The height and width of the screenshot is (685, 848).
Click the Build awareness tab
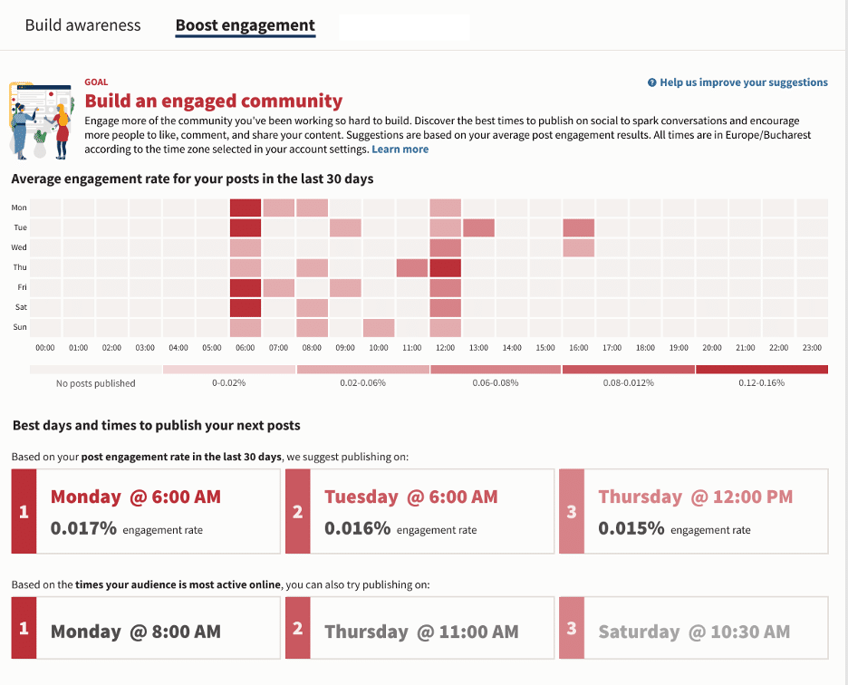coord(82,25)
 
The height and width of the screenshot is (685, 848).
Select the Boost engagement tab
coord(245,25)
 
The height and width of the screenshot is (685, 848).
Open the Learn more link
coord(400,150)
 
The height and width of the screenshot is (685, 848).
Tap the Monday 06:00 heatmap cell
coord(245,207)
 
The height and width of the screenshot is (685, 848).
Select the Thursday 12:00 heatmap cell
coord(445,267)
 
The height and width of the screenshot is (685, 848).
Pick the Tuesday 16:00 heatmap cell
coord(578,227)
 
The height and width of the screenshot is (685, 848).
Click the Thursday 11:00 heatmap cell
coord(411,267)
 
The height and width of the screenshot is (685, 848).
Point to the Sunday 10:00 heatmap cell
coord(379,327)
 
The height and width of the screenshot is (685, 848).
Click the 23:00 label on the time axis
coord(811,348)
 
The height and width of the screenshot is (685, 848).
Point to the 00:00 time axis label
coord(45,348)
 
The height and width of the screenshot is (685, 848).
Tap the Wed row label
coord(19,247)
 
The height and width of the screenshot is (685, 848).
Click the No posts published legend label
coord(95,383)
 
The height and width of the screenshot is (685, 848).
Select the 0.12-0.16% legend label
coord(761,383)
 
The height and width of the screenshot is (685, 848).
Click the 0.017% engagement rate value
coord(83,528)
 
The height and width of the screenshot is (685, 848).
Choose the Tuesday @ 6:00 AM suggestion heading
coord(410,497)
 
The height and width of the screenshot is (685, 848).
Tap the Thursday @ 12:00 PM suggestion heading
coord(695,497)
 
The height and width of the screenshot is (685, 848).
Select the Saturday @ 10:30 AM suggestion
coord(693,632)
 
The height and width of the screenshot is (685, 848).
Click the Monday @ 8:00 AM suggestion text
coord(135,632)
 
